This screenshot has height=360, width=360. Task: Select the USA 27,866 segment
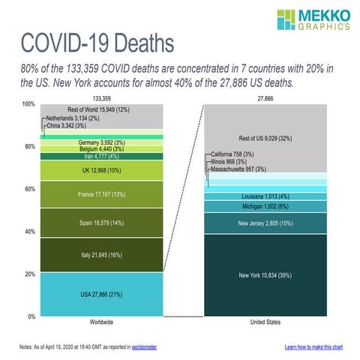(x=101, y=295)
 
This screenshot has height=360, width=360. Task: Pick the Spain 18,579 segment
(x=101, y=223)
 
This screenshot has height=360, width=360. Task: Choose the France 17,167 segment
(x=101, y=194)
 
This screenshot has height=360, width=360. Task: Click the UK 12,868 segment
(x=101, y=170)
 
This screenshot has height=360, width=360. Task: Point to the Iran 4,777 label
(x=101, y=156)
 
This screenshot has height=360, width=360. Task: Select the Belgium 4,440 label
(x=101, y=148)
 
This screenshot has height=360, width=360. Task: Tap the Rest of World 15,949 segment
(x=101, y=110)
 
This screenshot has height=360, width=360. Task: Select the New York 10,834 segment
(x=266, y=275)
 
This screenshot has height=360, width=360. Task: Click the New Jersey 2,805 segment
(x=266, y=223)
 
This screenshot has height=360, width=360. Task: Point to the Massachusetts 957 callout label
(x=238, y=169)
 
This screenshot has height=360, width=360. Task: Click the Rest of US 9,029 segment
(x=266, y=138)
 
